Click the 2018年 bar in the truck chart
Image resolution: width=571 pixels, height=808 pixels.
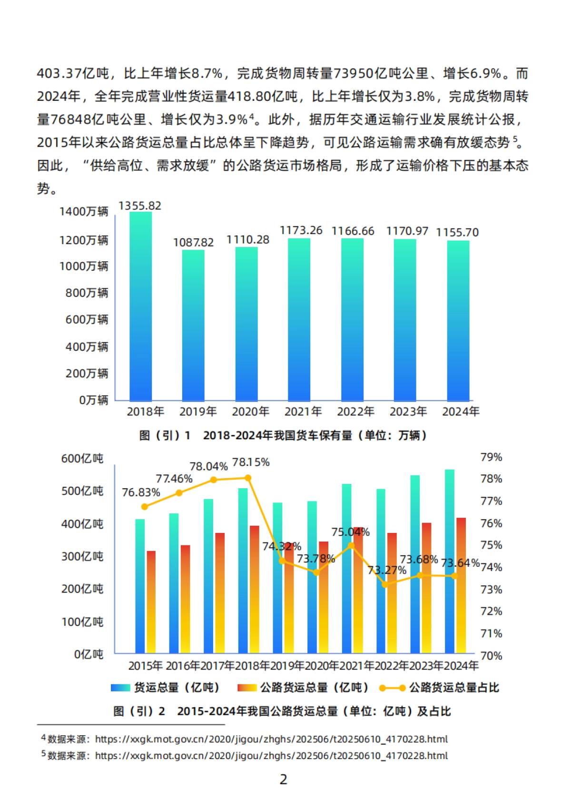pos(140,307)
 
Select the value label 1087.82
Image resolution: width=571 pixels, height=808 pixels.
pos(193,243)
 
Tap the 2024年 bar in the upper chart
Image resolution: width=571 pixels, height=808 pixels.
pos(458,321)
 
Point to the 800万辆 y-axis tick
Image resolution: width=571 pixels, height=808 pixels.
pos(87,293)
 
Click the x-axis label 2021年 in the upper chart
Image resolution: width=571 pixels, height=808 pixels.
pos(303,412)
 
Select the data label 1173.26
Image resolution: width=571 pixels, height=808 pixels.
pos(301,231)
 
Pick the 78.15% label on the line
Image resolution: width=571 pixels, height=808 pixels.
pos(251,463)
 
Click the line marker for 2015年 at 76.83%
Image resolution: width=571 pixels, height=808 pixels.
pos(145,507)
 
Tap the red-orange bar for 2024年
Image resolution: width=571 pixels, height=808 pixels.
pos(461,585)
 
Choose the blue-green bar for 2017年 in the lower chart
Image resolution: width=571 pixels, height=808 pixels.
pos(208,576)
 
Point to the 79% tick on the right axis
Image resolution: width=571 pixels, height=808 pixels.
pos(491,457)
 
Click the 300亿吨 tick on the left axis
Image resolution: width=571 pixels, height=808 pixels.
pos(82,557)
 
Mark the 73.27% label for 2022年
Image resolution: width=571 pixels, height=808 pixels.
pos(387,570)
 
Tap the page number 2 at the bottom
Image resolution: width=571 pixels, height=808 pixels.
pos(284,779)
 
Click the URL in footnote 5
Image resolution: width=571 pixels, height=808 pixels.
pos(271,756)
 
